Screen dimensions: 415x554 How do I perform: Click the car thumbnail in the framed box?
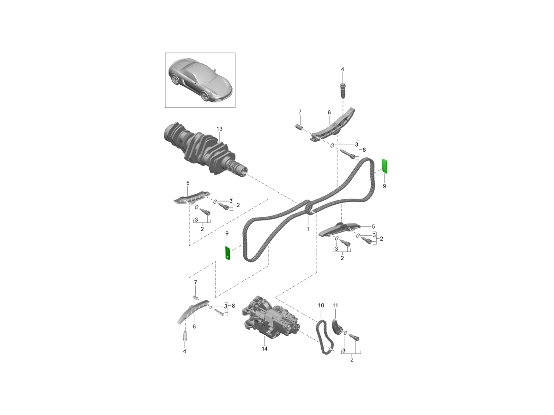[200, 80]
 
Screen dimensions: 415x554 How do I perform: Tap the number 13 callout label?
[219, 128]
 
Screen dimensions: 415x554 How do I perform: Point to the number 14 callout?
[265, 349]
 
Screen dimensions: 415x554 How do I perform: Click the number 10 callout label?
[321, 305]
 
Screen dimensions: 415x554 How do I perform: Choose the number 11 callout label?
[335, 305]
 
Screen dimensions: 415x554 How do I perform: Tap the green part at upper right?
[384, 166]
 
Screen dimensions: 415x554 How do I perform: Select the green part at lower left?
[228, 253]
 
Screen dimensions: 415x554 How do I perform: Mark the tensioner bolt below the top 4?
[343, 90]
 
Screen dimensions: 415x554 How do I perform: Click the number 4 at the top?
[343, 70]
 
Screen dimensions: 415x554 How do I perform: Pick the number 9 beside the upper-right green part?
[384, 186]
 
